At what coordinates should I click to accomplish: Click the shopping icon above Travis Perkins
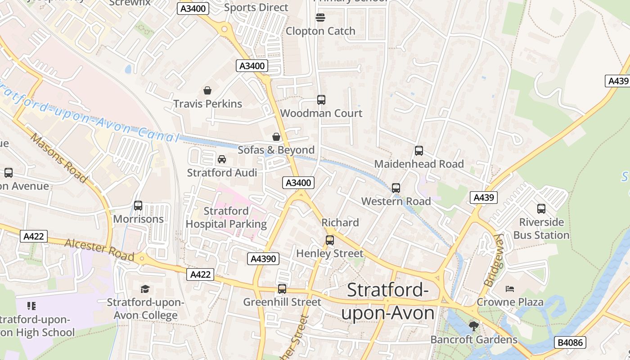point(207,90)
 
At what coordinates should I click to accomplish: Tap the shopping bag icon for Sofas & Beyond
point(276,137)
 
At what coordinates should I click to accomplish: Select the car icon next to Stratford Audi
point(222,159)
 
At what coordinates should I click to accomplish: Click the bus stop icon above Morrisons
point(138,206)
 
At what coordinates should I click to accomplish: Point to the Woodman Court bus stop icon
point(321,100)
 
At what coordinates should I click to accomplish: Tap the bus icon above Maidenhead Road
point(419,151)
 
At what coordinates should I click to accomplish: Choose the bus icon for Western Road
point(396,188)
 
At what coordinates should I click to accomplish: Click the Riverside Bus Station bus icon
point(541,209)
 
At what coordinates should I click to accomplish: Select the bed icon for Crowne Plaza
point(510,288)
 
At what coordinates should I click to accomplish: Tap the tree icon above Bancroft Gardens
point(473,326)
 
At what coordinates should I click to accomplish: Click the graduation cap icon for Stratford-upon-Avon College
point(145,289)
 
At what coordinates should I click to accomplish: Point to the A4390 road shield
point(263,259)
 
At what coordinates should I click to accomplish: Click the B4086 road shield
point(570,342)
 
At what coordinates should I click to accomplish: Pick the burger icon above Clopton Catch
point(320,18)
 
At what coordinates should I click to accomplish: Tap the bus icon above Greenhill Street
point(282,289)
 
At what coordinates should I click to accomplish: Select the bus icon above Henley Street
point(330,240)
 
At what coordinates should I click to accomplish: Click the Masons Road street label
point(59,158)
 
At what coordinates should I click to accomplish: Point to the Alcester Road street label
point(99,251)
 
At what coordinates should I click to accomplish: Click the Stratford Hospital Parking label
point(226,217)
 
